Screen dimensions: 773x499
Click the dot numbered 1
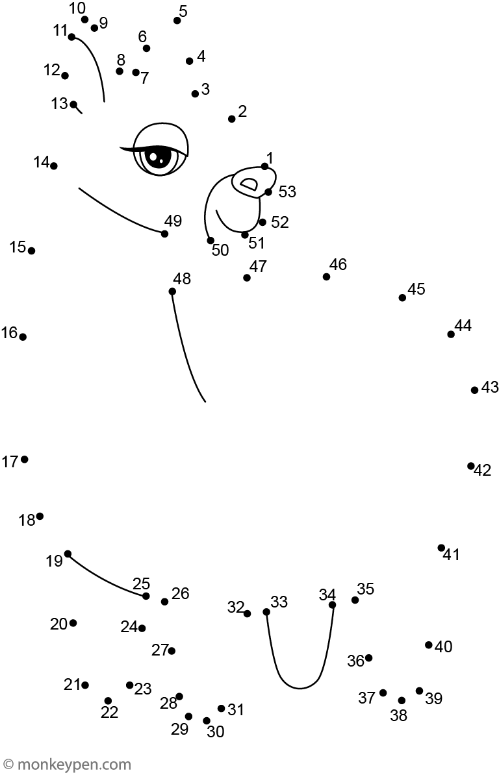coord(264,166)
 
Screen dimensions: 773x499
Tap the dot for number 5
coord(177,20)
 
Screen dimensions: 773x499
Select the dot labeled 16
coord(23,337)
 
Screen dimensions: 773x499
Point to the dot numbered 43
coord(475,390)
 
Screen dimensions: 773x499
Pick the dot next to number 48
coord(172,291)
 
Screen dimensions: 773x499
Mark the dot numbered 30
coord(207,720)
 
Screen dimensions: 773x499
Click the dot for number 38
coord(402,700)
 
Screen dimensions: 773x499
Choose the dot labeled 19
coord(68,554)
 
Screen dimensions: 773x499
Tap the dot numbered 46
coord(326,276)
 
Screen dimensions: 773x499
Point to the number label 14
coord(42,162)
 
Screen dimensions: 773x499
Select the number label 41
coord(452,555)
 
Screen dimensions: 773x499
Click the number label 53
coord(287,191)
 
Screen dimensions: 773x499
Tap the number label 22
coord(110,712)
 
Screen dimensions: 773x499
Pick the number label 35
coord(366,589)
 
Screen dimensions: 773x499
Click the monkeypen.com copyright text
coord(66,765)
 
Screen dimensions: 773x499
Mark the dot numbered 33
coord(266,611)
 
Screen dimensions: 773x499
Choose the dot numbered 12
coord(65,75)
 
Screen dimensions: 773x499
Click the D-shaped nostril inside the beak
coord(249,185)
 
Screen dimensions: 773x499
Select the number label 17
coord(10,461)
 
